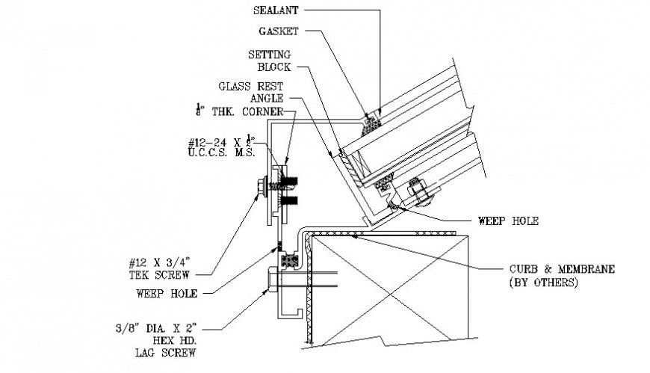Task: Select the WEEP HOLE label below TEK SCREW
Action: (x=167, y=294)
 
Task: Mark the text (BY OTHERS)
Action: (x=542, y=283)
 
